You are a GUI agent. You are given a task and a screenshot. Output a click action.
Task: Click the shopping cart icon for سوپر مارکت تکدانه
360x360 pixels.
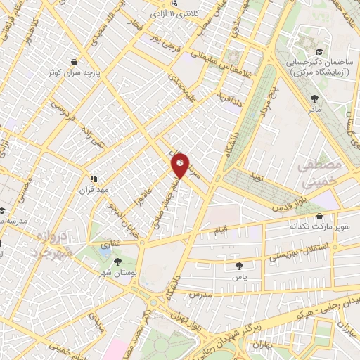point(321,217)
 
